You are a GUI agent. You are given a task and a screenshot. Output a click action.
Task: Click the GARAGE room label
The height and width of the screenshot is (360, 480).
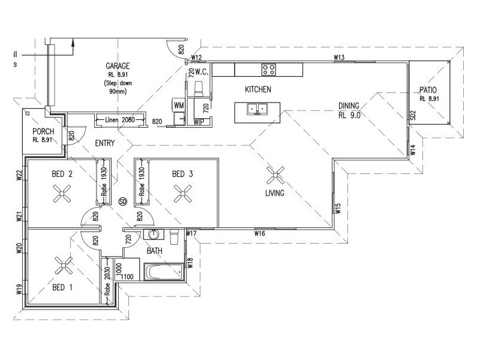[118, 66]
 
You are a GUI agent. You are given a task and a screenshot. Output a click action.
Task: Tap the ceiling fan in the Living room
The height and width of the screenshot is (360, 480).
[275, 175]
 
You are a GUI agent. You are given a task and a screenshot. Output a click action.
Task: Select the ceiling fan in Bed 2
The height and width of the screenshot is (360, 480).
[62, 193]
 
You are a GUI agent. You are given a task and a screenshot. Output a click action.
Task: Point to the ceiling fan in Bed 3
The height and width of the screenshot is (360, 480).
[183, 193]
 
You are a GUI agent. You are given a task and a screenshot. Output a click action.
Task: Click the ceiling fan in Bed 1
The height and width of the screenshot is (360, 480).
[64, 265]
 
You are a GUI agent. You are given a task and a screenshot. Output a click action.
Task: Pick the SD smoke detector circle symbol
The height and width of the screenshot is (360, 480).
[123, 202]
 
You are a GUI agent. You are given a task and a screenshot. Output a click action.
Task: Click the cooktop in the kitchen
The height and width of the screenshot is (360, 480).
[268, 69]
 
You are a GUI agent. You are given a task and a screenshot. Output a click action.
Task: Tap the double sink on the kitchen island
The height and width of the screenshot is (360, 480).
[257, 109]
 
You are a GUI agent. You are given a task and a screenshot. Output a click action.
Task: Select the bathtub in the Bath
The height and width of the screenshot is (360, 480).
[164, 272]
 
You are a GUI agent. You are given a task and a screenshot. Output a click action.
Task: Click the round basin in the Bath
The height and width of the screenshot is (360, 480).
[154, 235]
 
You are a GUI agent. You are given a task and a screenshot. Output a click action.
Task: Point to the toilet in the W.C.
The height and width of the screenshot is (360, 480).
[199, 89]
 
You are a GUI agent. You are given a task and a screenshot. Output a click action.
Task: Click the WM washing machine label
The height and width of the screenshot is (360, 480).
[179, 106]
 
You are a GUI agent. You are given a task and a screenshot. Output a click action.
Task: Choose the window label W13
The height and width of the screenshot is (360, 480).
[339, 57]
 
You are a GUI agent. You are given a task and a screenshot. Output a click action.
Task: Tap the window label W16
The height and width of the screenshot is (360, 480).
[260, 233]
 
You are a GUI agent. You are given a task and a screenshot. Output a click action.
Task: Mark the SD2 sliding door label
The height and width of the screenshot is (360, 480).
[413, 115]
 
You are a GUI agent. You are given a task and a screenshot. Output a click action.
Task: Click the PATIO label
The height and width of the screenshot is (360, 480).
[428, 90]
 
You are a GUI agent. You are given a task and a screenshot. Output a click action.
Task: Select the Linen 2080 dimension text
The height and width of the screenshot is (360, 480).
[119, 119]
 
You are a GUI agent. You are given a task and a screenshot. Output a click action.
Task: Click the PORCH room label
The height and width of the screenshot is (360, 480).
[43, 131]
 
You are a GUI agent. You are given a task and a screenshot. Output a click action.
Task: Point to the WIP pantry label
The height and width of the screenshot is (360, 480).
[199, 122]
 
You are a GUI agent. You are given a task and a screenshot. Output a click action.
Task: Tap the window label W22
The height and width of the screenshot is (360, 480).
[19, 175]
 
